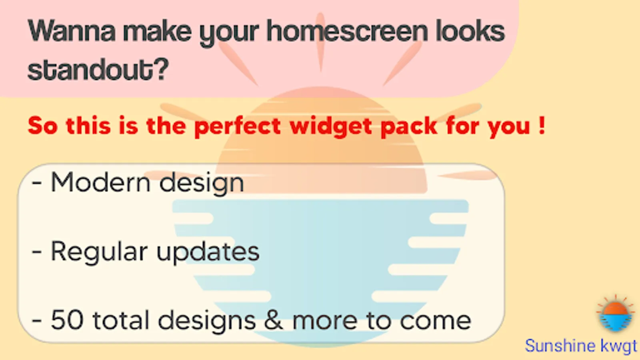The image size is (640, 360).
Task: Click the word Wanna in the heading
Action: pos(72,31)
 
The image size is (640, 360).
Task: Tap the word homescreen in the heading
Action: pos(347,30)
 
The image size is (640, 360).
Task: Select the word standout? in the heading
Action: pos(98,70)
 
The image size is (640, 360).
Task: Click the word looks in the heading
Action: pos(470,30)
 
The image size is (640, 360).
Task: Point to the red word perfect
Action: pos(238,126)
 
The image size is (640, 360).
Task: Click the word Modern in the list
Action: pos(100,182)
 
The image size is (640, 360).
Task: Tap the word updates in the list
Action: pos(208,252)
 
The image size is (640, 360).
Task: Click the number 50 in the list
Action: pos(68,320)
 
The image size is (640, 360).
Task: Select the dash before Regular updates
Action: pos(37,252)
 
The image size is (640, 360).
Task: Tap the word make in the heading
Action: pos(157,31)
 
